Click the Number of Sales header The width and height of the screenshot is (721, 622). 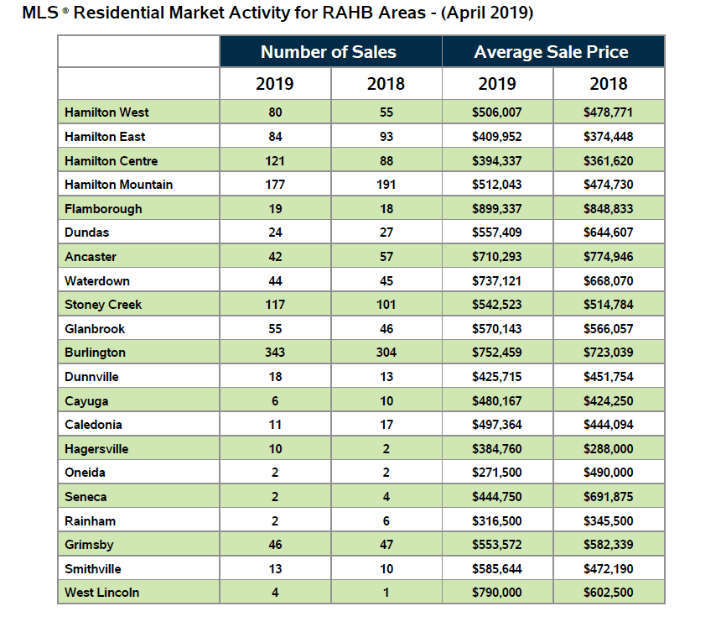tap(329, 52)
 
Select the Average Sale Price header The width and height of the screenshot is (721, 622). tap(551, 52)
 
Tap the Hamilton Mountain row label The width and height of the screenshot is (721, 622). tap(118, 185)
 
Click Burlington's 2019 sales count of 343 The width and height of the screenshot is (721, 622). tap(275, 353)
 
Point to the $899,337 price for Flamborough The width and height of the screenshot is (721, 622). tap(497, 209)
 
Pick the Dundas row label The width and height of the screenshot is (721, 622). tap(86, 233)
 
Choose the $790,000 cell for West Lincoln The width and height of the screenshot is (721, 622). tap(497, 593)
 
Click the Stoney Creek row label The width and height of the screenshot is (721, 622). tap(103, 305)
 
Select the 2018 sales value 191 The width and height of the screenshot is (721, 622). tap(386, 185)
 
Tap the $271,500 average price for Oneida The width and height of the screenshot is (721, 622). tap(497, 473)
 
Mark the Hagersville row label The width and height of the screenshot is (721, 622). tap(96, 449)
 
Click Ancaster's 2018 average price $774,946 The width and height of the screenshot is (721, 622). tap(609, 257)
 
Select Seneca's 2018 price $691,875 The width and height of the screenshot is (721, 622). tap(609, 497)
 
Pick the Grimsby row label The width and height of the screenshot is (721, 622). tap(89, 545)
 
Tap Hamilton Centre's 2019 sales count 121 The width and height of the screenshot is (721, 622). tap(275, 161)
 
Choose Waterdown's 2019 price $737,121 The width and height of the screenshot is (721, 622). tap(497, 281)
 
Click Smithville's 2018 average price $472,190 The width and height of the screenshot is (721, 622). tap(609, 569)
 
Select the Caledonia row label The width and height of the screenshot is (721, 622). tap(93, 425)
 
